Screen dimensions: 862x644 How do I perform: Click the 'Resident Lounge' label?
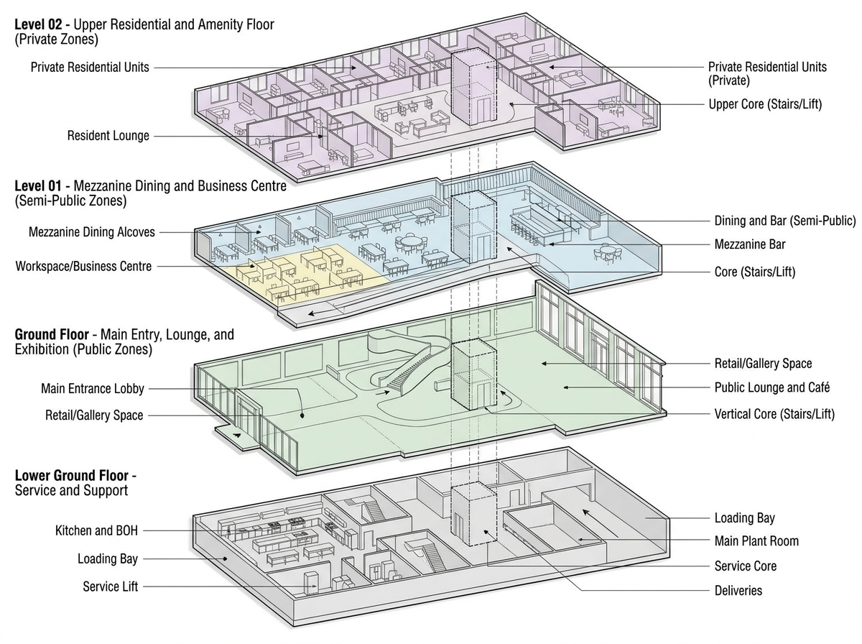[108, 136]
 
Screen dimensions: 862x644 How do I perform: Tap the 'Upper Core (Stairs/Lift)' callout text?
[765, 104]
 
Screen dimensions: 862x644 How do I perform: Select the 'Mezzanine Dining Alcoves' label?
[92, 232]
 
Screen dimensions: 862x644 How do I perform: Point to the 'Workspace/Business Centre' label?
[83, 266]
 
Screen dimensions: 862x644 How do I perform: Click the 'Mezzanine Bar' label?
[750, 244]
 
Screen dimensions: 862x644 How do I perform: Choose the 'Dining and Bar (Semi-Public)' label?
[784, 221]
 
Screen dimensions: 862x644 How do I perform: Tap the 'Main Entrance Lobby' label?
[93, 389]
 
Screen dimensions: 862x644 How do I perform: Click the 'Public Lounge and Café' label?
[772, 387]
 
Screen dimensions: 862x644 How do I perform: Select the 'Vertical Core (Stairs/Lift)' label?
[774, 414]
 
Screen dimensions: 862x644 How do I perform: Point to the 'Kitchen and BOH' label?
[96, 530]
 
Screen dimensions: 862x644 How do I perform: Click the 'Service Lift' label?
[111, 586]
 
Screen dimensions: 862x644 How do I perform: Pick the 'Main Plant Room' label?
[756, 541]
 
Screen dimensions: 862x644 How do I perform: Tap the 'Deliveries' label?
[738, 591]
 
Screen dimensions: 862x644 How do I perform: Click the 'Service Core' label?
[746, 566]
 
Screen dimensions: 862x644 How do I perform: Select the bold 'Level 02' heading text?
[38, 24]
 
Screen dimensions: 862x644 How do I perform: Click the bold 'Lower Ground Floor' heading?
[71, 475]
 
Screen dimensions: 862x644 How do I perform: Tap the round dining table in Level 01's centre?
[410, 241]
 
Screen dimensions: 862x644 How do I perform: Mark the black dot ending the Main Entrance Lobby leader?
[302, 415]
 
